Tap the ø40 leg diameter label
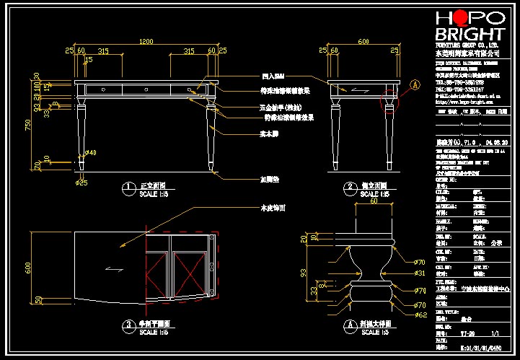(x=91, y=153)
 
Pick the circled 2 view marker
(x=349, y=189)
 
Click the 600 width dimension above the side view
(x=363, y=41)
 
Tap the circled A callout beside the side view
(x=415, y=84)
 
